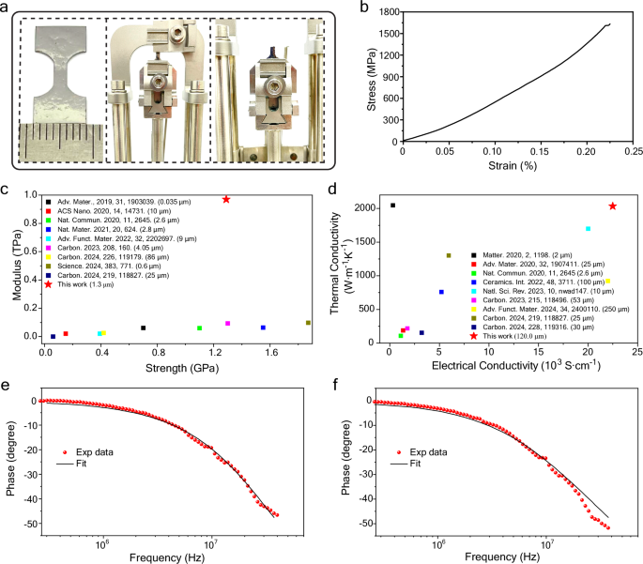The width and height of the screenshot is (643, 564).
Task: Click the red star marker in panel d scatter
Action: coord(613,206)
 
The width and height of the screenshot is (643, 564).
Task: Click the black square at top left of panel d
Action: coord(392,206)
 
